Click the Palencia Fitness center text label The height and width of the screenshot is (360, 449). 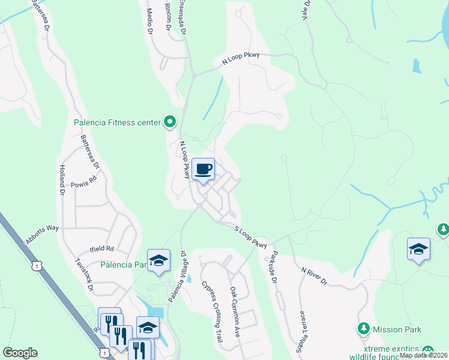point(117,123)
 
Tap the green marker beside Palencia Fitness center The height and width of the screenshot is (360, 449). point(170,122)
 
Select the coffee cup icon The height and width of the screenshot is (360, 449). point(203,169)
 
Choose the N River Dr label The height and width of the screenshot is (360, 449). point(314,274)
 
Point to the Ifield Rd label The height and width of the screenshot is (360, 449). point(101,248)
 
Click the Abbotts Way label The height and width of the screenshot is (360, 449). point(42,235)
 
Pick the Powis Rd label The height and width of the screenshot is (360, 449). point(83,181)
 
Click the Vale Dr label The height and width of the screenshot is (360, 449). point(307,11)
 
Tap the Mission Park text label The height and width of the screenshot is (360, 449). point(397,329)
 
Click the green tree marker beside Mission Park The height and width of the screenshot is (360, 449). point(363,329)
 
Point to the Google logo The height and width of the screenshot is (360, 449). point(20,353)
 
